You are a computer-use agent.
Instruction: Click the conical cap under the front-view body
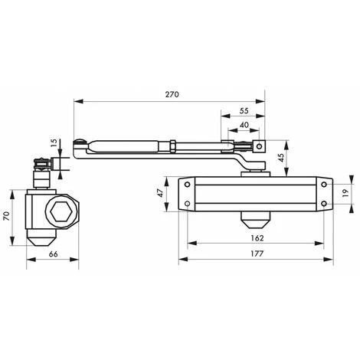[x=255, y=221]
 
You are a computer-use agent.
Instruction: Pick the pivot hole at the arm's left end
[x=79, y=143]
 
